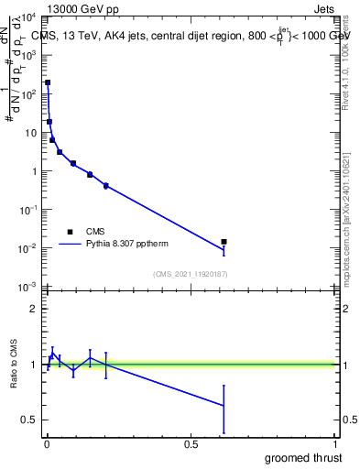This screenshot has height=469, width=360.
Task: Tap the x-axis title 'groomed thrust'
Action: (x=303, y=457)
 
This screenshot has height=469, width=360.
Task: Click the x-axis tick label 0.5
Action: (x=191, y=443)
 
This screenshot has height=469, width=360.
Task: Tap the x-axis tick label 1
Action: (x=335, y=443)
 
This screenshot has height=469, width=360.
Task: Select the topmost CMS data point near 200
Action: (x=48, y=82)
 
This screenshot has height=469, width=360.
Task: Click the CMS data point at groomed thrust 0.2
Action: (x=106, y=185)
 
